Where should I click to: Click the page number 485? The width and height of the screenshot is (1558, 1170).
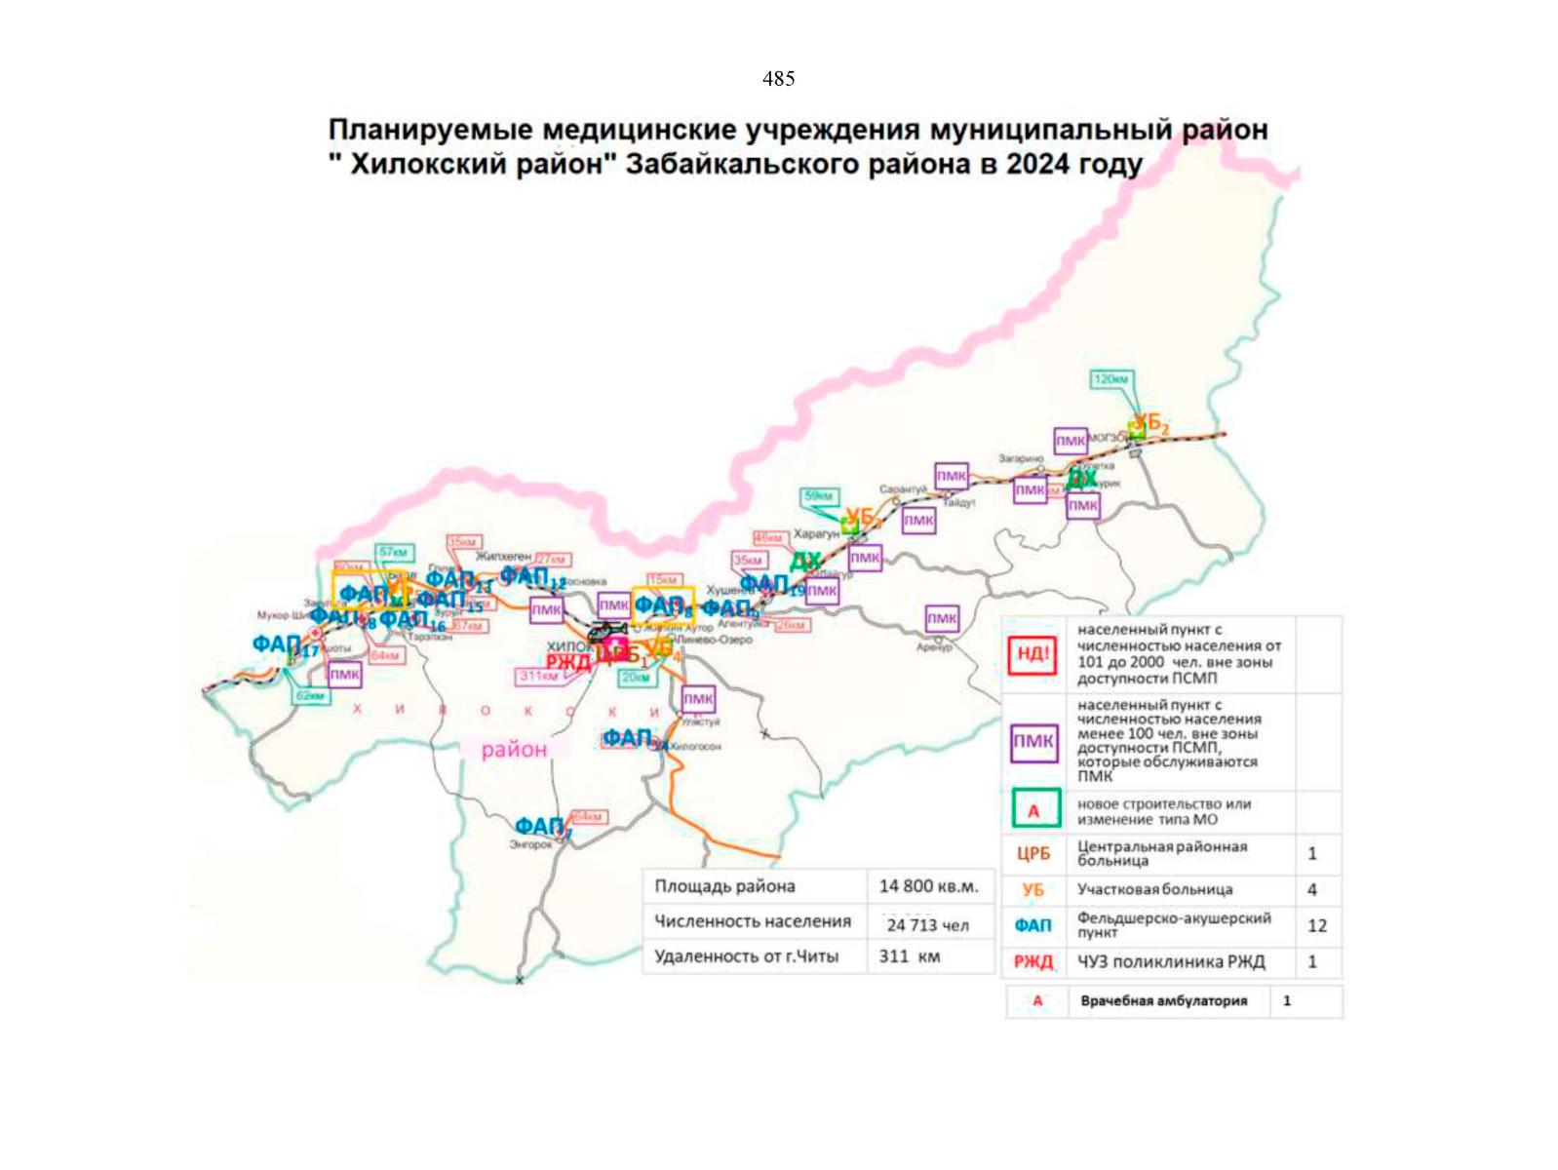pos(778,79)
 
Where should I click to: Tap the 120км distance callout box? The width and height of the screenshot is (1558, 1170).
pos(1111,379)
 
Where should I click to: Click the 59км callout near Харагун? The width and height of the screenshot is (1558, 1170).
pos(817,496)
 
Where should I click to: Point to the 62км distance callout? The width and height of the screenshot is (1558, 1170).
pos(311,696)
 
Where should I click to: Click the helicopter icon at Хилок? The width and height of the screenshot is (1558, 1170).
pos(606,632)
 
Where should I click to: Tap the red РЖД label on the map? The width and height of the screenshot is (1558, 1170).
pos(568,662)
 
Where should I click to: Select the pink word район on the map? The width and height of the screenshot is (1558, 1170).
pos(514,750)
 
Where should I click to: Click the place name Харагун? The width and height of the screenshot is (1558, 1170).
pos(816,534)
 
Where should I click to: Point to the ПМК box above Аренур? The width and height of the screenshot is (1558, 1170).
pos(942,618)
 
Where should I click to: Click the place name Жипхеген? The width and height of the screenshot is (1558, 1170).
pos(503,556)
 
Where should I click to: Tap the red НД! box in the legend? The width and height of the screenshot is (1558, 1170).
pos(1032,653)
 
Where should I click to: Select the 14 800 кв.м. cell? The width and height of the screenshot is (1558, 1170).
pos(927,886)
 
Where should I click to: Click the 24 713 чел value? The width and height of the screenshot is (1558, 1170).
pos(927,925)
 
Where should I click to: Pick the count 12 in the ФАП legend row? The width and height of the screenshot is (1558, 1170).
pos(1316,925)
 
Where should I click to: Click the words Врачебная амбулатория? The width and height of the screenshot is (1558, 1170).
pos(1163,1001)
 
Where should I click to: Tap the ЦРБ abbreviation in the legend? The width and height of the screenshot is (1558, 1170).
pos(1033,854)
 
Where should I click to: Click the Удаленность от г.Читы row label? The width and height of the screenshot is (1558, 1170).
pos(746,956)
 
